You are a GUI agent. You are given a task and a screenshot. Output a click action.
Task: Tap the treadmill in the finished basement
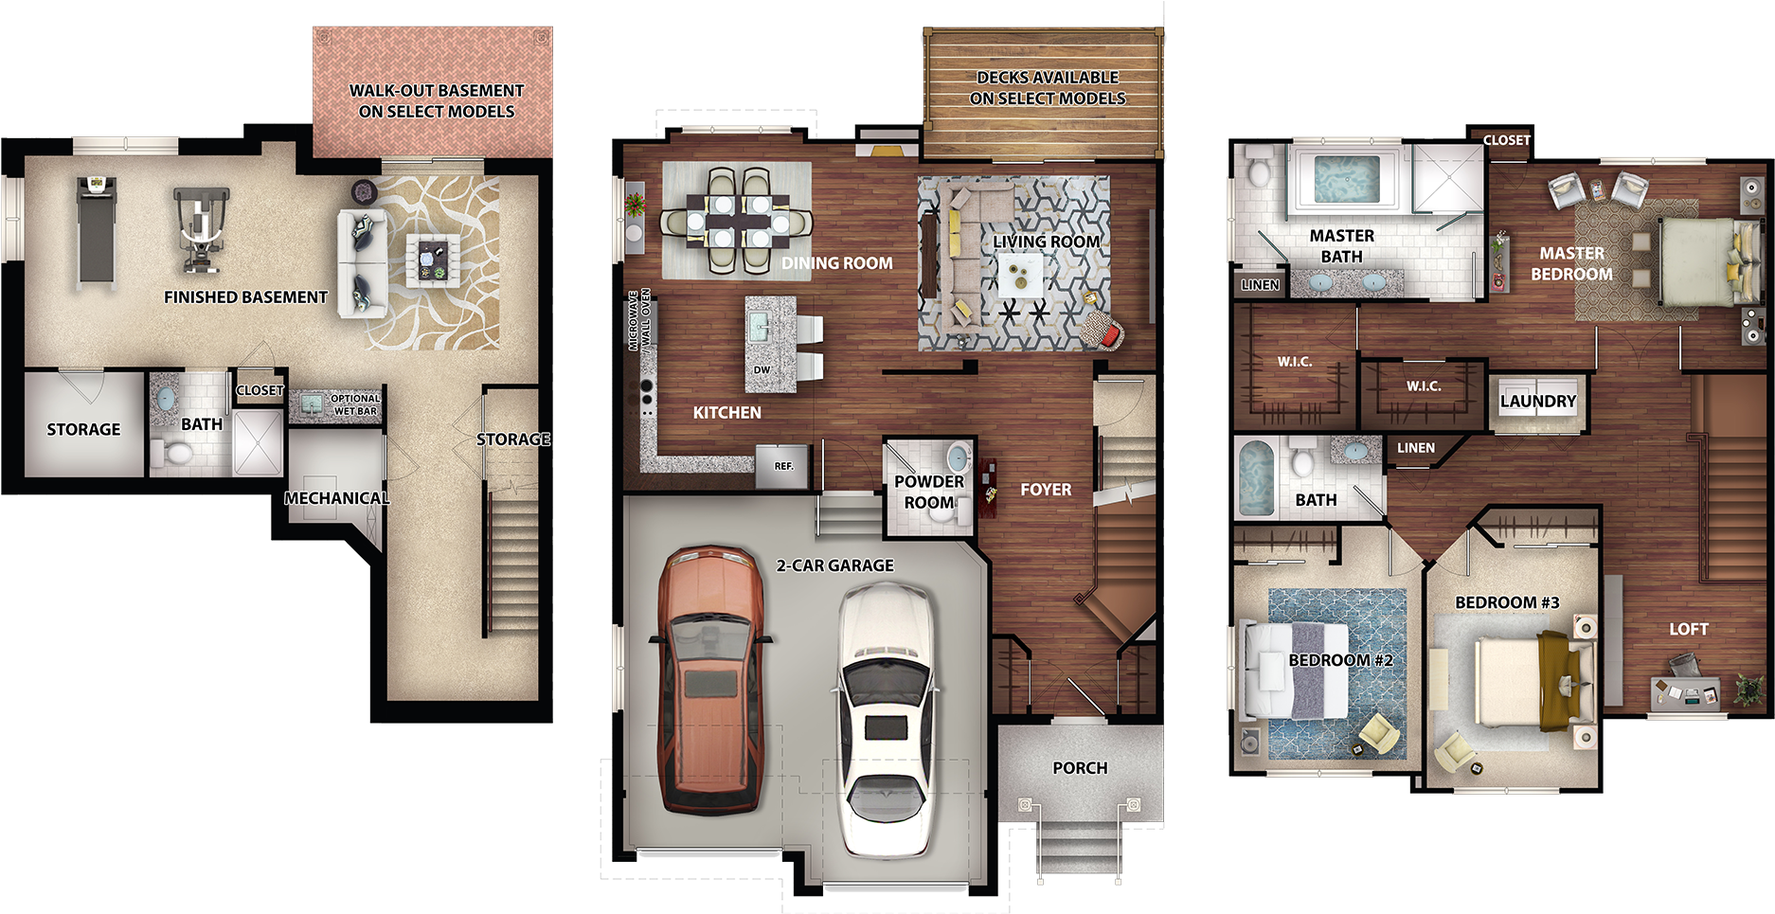(x=97, y=232)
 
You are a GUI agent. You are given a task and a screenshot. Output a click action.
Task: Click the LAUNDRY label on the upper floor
(x=1537, y=402)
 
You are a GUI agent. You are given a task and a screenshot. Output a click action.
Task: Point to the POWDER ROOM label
(x=928, y=492)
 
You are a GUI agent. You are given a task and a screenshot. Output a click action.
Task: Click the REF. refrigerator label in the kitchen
(x=783, y=466)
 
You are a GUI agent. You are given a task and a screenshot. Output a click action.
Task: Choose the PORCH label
(x=1080, y=768)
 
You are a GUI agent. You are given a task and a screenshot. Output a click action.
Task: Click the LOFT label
(x=1688, y=629)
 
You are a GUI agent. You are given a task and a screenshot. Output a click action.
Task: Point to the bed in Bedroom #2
(x=1296, y=669)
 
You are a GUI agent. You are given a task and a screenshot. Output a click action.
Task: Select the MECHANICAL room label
(x=336, y=498)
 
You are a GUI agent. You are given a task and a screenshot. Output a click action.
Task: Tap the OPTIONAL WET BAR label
(x=355, y=404)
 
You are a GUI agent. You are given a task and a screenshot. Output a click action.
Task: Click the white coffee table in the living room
(x=1021, y=276)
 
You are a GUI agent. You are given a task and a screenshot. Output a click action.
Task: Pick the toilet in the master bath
(x=1260, y=170)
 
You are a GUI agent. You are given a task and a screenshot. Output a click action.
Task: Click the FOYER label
(x=1046, y=490)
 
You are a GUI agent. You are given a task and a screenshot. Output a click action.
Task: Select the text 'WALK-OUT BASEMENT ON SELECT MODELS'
(x=436, y=100)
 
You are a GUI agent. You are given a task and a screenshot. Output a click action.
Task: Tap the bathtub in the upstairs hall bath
(x=1256, y=476)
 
